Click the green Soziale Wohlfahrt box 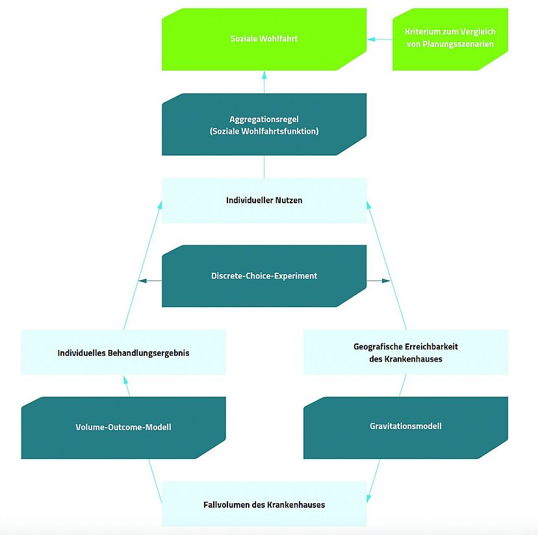tap(264, 40)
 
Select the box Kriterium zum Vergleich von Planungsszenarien tap(450, 40)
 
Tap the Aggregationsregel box tap(264, 125)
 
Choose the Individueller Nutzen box tap(264, 201)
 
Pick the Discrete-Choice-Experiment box tap(264, 276)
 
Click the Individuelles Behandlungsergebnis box tap(123, 352)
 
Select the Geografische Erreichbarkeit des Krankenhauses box tap(406, 352)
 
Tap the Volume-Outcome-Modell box tap(123, 428)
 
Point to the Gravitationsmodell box tap(406, 428)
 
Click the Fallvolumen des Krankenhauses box tap(264, 504)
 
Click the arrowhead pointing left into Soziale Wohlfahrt tap(371, 40)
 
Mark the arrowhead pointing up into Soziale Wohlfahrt tap(264, 75)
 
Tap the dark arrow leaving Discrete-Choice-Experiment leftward tap(150, 281)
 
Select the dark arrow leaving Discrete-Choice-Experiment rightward tap(378, 281)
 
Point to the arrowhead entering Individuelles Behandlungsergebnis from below tap(125, 380)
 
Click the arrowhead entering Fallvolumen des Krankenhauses tap(369, 498)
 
